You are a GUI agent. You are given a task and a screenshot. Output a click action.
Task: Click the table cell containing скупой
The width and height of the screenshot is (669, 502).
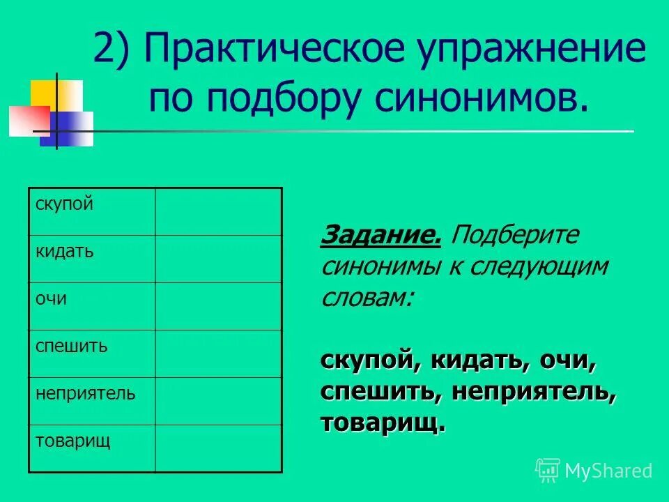[x=91, y=211]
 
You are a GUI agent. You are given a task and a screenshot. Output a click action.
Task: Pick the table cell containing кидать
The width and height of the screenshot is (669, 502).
[x=91, y=259]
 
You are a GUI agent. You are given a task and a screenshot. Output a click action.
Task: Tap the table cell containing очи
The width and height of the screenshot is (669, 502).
[x=91, y=306]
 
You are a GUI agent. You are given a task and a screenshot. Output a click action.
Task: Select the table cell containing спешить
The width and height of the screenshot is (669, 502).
[x=91, y=353]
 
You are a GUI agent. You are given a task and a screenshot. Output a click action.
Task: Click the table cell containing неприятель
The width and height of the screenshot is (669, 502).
[x=91, y=401]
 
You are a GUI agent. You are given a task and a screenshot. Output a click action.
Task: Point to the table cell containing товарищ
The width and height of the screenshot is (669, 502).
[x=91, y=448]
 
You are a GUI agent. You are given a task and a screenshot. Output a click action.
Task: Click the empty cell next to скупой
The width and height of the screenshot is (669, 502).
[x=218, y=211]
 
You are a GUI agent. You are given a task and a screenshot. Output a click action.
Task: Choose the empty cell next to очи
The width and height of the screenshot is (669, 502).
[x=218, y=306]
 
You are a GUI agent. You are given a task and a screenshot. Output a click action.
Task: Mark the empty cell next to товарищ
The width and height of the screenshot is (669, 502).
[x=218, y=448]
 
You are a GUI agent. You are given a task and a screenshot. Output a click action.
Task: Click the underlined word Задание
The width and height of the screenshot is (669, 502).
[x=380, y=236]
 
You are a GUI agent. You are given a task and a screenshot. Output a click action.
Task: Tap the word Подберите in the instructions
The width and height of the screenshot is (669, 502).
[x=515, y=236]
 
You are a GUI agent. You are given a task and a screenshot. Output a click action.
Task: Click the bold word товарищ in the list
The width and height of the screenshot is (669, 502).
[x=383, y=423]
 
